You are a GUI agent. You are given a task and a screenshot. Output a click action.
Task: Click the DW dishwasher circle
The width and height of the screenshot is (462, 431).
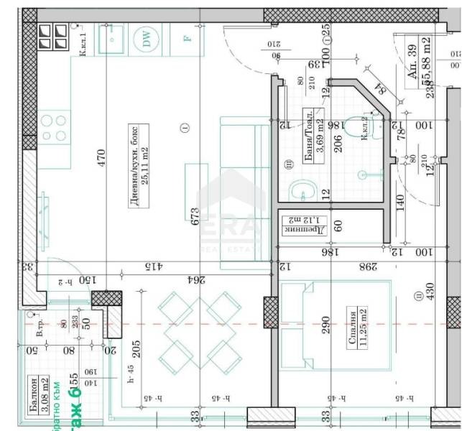coord(148,40)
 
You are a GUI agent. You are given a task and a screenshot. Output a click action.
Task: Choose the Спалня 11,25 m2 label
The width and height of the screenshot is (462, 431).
coord(357,328)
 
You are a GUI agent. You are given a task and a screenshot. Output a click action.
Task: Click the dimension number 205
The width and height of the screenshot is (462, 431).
coord(136,349)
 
